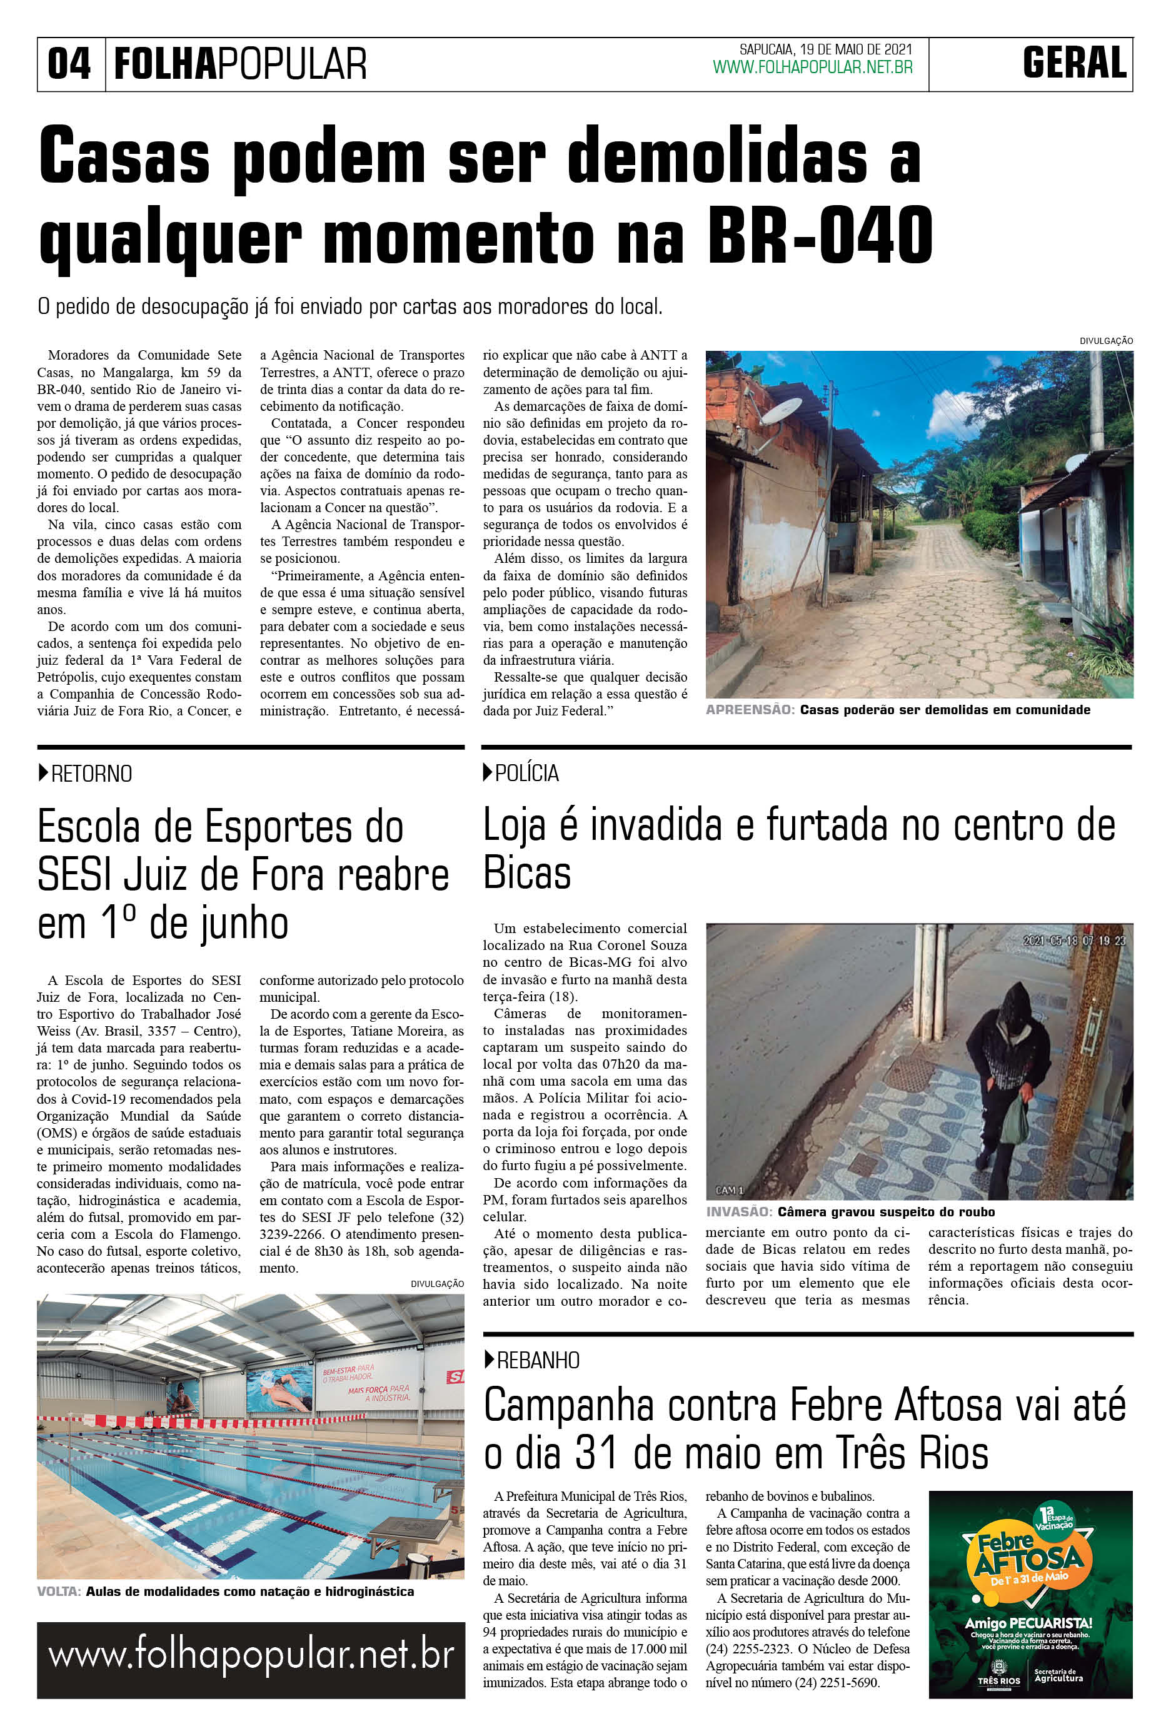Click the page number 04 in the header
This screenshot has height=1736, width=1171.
[x=69, y=64]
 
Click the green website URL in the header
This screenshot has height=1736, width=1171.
[x=813, y=68]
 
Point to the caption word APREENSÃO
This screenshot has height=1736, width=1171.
[x=750, y=710]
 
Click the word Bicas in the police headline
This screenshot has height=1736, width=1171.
[x=527, y=872]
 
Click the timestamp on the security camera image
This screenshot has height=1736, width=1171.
[x=1073, y=941]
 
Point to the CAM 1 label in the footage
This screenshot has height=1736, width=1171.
[x=730, y=1190]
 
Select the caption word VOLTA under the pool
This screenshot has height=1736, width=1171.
[x=58, y=1592]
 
